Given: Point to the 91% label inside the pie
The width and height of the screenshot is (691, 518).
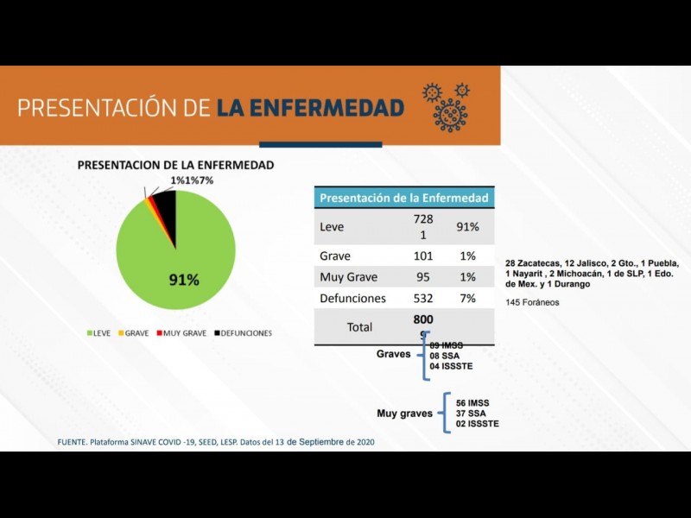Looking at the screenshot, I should tap(183, 280).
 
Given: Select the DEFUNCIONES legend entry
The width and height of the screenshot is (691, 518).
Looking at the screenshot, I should tap(244, 333).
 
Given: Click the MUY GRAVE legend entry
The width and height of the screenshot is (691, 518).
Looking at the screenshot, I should tap(181, 333).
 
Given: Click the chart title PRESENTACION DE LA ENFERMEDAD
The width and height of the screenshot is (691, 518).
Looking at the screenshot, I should tap(176, 165).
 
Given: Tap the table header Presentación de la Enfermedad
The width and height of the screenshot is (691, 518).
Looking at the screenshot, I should tap(404, 198).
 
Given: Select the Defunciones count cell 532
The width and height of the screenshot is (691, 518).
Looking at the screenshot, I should tap(422, 298).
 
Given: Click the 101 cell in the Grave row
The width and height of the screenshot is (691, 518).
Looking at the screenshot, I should tap(422, 256).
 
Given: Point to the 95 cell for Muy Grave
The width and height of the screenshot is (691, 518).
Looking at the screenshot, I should tap(422, 277).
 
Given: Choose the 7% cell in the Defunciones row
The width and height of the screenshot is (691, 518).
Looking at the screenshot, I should tap(467, 298).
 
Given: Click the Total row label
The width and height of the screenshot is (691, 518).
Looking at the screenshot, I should tap(359, 327).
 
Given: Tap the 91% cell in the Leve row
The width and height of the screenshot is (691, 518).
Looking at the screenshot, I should tap(467, 227).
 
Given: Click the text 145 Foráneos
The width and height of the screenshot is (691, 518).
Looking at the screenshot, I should tap(532, 302).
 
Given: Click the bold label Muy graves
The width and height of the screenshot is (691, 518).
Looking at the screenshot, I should tap(404, 414).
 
